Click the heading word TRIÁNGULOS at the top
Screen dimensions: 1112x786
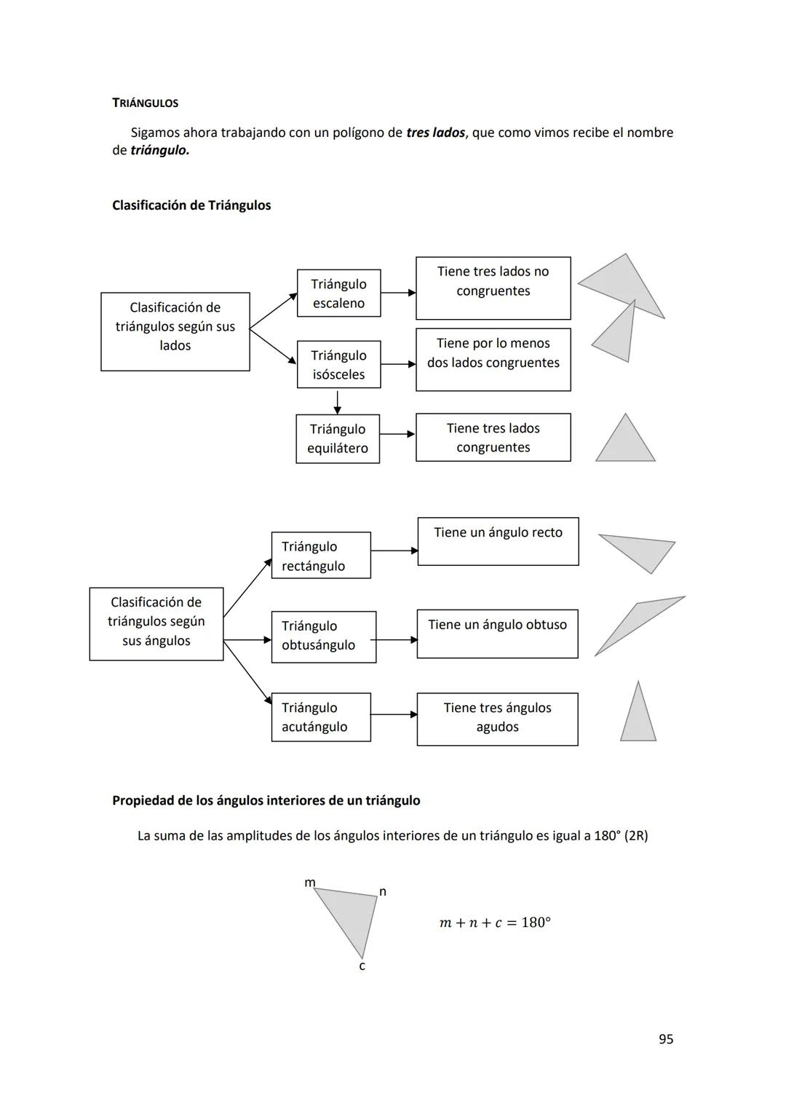point(145,103)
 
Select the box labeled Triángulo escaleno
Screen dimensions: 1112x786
point(338,293)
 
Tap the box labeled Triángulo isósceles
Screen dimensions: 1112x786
point(338,365)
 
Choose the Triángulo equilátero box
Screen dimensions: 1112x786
point(338,438)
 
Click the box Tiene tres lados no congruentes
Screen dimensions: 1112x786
point(493,288)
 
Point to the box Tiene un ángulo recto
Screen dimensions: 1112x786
point(498,541)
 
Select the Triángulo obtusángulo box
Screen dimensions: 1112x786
point(323,636)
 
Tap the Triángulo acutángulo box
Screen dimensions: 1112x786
point(320,717)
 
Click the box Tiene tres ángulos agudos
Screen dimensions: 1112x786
point(497,719)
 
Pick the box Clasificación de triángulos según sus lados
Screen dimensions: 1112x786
point(175,331)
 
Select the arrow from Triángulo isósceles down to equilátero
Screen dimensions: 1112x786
point(337,401)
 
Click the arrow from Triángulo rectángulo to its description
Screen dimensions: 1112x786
point(394,551)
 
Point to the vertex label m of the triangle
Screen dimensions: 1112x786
point(310,883)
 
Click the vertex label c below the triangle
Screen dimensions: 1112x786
point(362,966)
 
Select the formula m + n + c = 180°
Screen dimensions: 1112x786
point(495,923)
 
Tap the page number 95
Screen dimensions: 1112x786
point(665,1039)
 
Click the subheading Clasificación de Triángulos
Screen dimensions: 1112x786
point(191,205)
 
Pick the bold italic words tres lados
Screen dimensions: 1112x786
point(435,133)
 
